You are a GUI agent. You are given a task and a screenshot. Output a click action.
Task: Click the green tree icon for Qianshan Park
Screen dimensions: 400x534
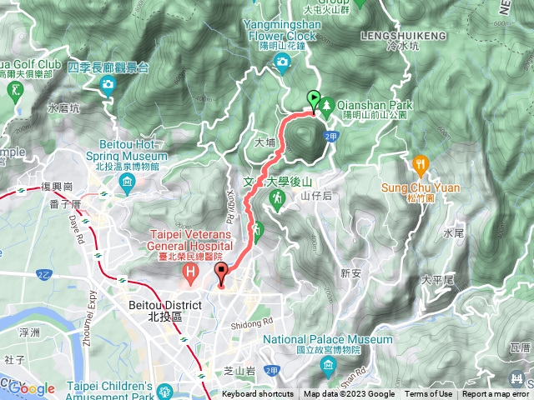pos(327,106)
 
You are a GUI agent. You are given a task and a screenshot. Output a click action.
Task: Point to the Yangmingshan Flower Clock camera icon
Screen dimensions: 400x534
pos(282,61)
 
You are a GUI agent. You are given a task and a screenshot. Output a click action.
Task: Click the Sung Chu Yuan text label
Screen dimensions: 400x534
pos(421,187)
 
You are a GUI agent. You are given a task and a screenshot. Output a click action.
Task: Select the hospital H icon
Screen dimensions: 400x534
pos(192,272)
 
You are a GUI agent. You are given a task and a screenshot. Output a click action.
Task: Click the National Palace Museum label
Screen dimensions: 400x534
pos(328,340)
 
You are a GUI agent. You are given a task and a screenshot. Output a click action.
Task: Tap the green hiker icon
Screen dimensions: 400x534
pos(278,198)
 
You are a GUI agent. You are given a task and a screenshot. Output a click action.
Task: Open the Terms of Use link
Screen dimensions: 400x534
pos(428,394)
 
